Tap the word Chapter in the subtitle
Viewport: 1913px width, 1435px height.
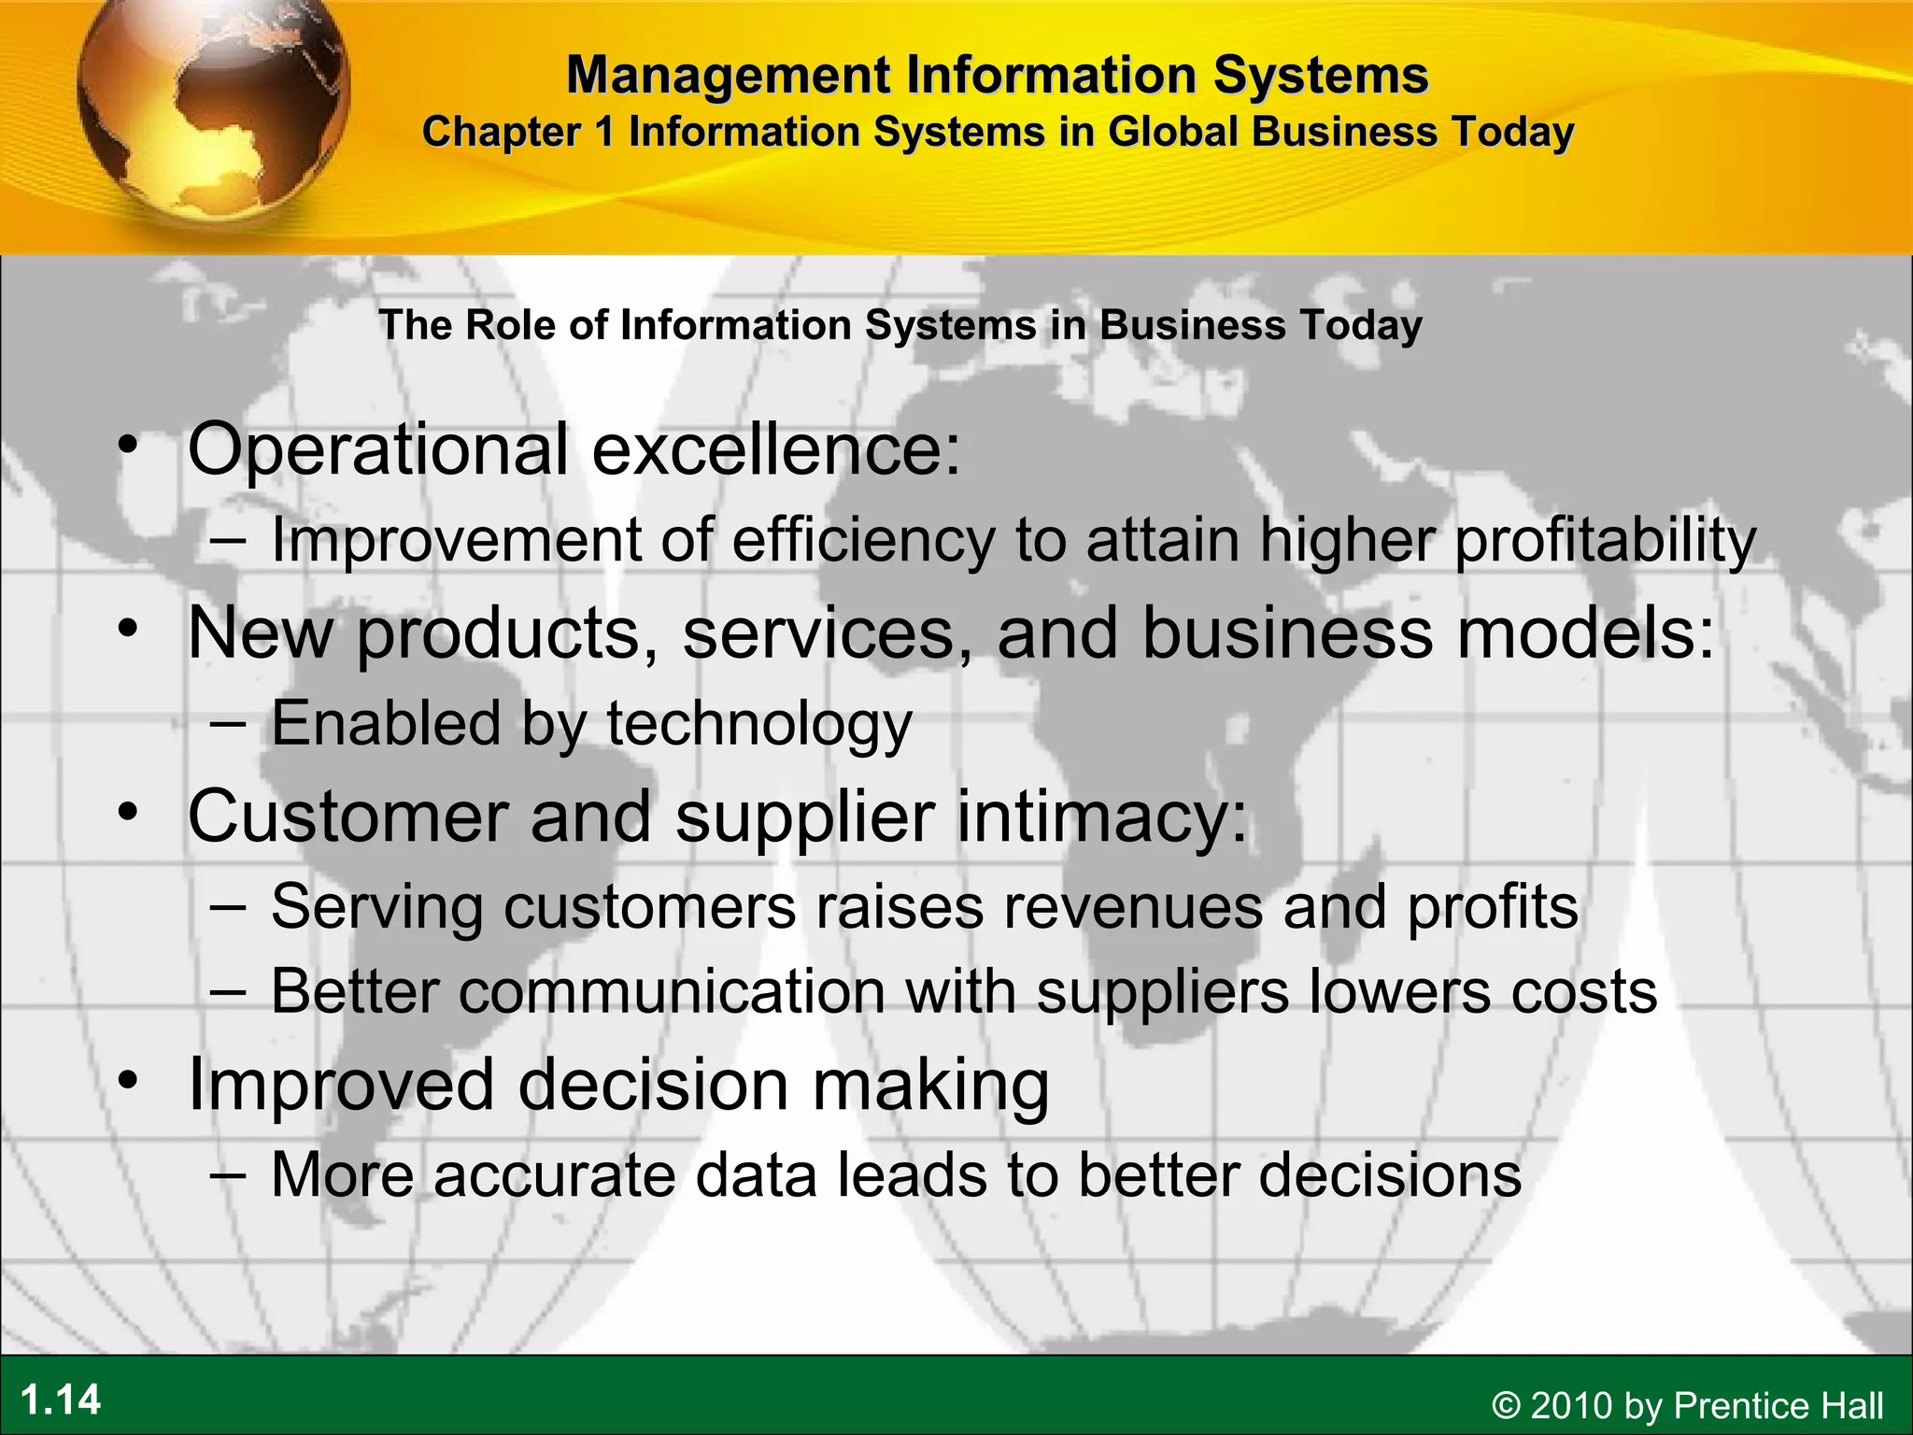click(502, 132)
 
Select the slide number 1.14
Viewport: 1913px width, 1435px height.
click(61, 1399)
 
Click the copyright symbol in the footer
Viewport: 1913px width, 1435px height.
click(1505, 1405)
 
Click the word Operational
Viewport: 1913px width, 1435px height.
click(377, 448)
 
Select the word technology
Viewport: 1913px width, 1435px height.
click(758, 724)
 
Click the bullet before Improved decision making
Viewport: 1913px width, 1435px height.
click(128, 1081)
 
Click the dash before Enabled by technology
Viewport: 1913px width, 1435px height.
click(228, 724)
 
